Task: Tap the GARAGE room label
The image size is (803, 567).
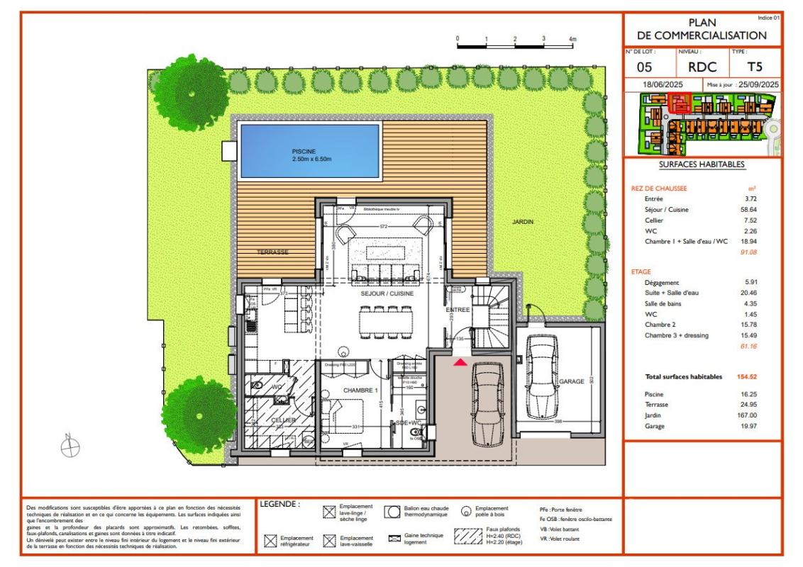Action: (571, 381)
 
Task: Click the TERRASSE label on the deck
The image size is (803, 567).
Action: (272, 252)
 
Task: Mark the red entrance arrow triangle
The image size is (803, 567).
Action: (460, 363)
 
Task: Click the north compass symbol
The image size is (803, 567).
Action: (70, 446)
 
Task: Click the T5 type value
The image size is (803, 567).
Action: (756, 68)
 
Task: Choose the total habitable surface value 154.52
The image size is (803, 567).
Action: (749, 376)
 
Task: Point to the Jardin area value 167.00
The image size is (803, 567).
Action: (751, 415)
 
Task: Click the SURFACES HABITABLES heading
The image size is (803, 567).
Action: (702, 164)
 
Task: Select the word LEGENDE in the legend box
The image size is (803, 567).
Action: (281, 505)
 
